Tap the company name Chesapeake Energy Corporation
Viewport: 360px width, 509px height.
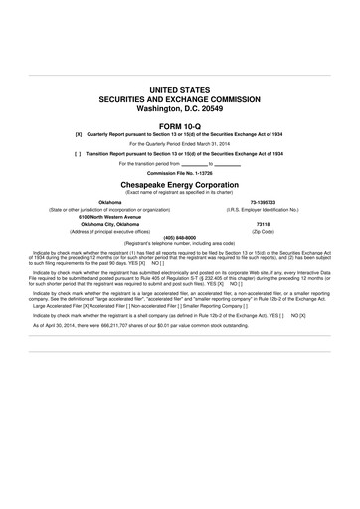[180, 184]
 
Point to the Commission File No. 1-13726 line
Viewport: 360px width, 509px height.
[180, 174]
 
